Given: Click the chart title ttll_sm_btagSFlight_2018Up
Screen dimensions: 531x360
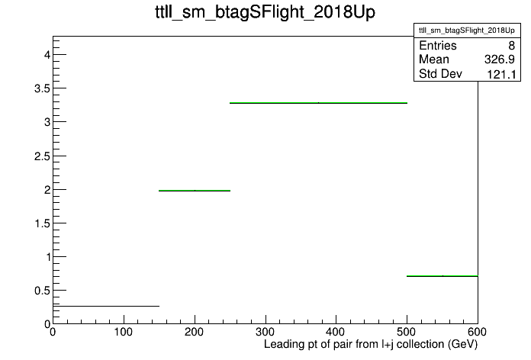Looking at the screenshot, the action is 265,12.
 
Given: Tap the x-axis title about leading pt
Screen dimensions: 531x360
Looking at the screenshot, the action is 371,345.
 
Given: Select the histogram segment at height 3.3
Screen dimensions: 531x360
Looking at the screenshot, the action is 318,103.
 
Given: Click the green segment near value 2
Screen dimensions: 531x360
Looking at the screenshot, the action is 195,191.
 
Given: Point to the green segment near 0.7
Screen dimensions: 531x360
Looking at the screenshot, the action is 443,276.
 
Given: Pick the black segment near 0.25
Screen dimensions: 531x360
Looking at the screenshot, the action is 106,306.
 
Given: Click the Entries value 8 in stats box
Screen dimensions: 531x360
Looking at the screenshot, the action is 511,45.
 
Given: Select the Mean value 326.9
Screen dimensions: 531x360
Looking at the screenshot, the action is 500,59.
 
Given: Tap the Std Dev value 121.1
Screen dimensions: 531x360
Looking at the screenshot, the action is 501,74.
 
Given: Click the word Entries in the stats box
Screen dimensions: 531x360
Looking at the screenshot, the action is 438,45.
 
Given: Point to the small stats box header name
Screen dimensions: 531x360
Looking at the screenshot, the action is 467,31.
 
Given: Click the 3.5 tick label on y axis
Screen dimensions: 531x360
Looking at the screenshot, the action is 42,88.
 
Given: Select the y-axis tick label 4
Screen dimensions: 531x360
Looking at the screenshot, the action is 47,54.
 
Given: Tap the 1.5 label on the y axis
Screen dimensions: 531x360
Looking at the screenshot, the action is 42,223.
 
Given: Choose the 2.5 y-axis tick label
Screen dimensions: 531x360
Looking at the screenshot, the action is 42,156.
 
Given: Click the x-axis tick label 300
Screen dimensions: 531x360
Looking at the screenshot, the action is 265,332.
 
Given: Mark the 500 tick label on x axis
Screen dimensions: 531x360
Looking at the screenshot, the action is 407,332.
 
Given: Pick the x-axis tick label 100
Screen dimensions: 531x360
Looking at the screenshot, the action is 124,332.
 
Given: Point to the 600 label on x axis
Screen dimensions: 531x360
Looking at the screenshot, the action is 477,332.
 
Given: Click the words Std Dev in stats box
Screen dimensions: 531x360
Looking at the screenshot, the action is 440,73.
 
